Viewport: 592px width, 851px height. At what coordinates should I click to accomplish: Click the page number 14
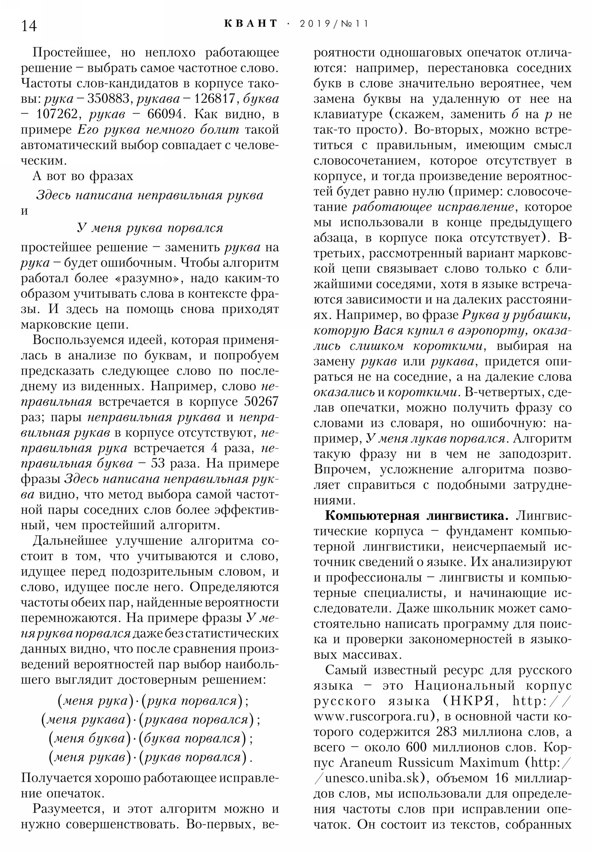[29, 26]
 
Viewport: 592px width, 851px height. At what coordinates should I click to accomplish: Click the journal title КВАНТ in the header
[250, 24]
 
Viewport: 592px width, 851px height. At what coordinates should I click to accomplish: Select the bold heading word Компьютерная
[367, 515]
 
